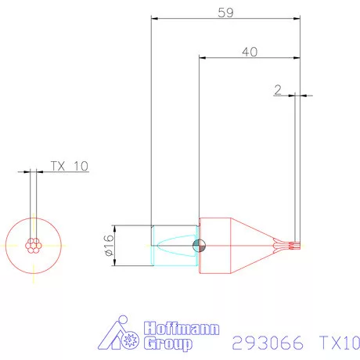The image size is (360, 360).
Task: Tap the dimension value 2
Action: (278, 89)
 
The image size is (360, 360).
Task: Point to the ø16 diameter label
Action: (108, 245)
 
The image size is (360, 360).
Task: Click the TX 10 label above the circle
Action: (70, 165)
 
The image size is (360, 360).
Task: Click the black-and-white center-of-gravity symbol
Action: (200, 245)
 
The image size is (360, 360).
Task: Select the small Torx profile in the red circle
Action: (33, 245)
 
